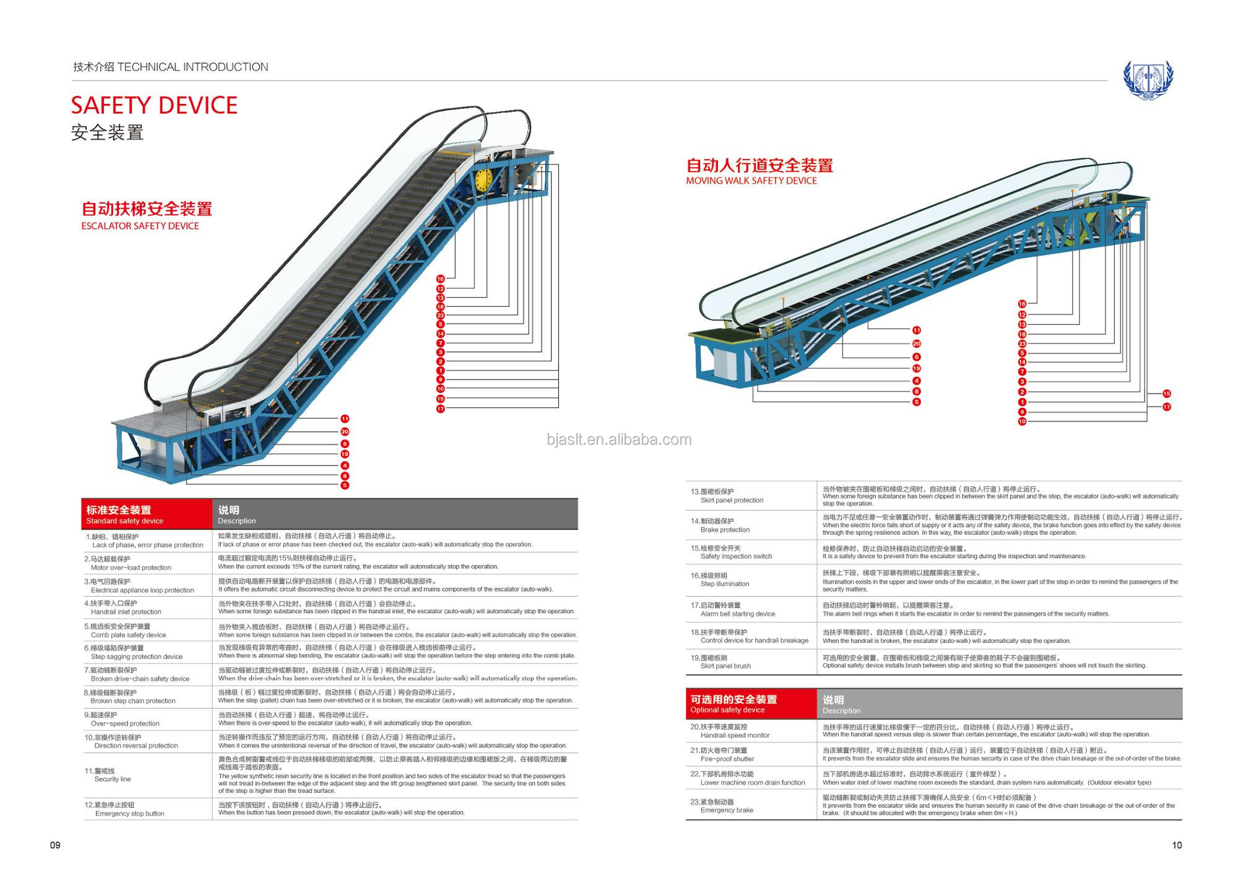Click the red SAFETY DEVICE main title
click(x=154, y=105)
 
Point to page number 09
click(x=55, y=845)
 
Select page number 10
click(x=1177, y=845)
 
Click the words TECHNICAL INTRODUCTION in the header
click(x=193, y=67)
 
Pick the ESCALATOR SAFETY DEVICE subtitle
click(x=140, y=226)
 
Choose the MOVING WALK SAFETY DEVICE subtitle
click(x=751, y=181)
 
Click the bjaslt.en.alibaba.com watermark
click(x=619, y=439)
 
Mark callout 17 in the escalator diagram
click(x=441, y=409)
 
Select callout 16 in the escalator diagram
click(x=441, y=279)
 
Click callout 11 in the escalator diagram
click(x=345, y=419)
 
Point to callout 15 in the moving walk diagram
click(x=1166, y=394)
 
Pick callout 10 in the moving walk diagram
click(x=1022, y=421)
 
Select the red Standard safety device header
click(x=146, y=514)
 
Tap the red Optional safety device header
click(x=751, y=704)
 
